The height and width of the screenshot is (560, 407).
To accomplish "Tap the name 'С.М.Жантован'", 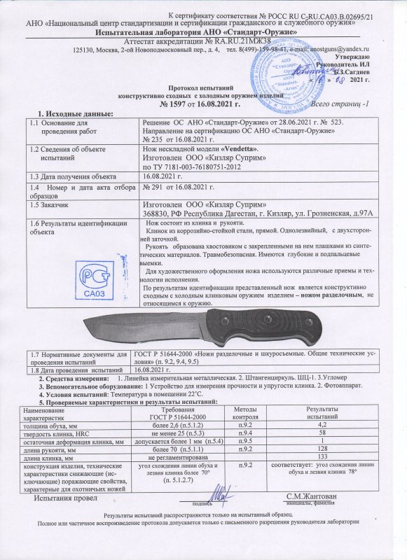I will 306,496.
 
